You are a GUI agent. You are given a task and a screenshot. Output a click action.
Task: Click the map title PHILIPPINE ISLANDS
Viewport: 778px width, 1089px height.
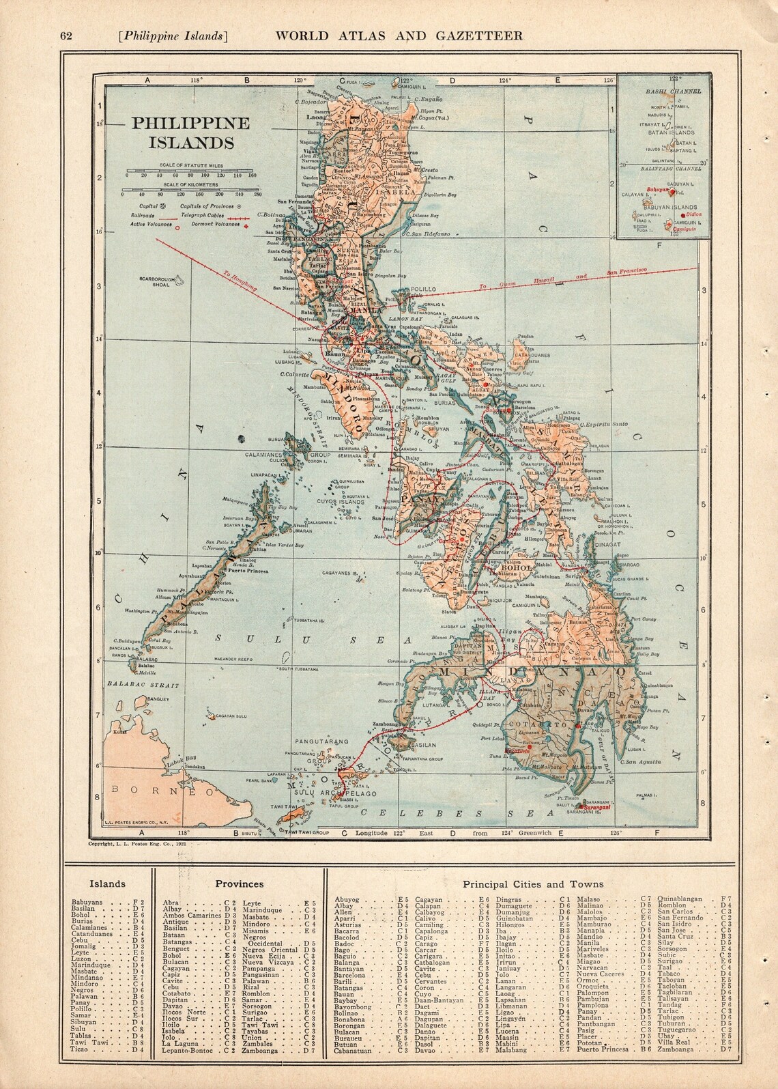181,132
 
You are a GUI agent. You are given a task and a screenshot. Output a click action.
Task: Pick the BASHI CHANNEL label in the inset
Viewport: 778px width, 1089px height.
664,90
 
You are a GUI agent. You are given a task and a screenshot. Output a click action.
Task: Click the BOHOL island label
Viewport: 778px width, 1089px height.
512,567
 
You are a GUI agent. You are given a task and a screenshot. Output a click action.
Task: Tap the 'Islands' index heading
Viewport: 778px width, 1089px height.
109,883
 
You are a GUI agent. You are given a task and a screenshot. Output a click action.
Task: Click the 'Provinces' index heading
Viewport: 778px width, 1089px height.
240,883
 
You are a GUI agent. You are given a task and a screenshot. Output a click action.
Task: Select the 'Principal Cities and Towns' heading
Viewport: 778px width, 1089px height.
533,883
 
